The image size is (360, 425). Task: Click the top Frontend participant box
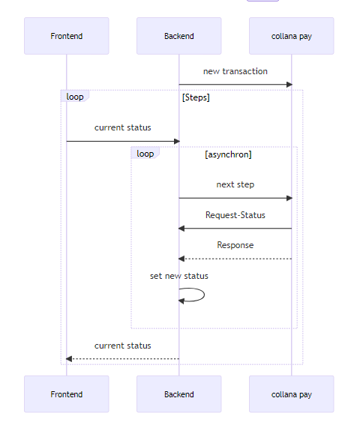tap(67, 36)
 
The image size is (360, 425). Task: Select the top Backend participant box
tap(179, 36)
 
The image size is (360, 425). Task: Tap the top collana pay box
tap(292, 36)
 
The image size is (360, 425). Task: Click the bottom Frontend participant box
tap(67, 394)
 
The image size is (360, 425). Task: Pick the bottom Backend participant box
tap(179, 394)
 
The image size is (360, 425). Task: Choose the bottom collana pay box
tap(292, 394)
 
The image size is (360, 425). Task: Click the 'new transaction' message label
tap(235, 71)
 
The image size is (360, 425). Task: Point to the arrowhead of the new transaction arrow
tap(289, 85)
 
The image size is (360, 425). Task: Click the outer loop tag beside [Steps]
tap(75, 96)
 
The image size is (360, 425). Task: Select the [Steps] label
tap(196, 97)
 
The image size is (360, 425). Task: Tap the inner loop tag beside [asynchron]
tap(145, 153)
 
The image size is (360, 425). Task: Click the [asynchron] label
tap(228, 154)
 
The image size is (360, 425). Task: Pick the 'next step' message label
tap(235, 184)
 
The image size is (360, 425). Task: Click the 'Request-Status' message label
tap(235, 215)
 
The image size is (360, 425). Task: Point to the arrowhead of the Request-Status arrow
tap(181, 229)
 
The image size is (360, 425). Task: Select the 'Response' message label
tap(235, 245)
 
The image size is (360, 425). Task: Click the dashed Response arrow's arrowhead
tap(181, 259)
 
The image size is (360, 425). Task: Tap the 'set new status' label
tap(179, 276)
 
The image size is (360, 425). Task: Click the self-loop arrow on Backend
tap(204, 295)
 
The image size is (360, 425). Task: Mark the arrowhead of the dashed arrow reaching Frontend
tap(69, 359)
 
